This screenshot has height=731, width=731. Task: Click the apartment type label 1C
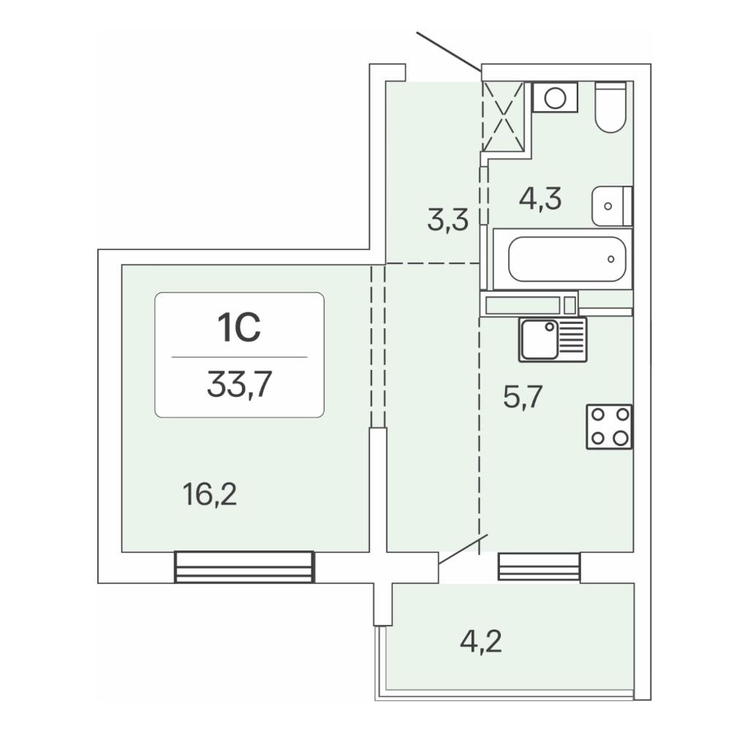click(239, 327)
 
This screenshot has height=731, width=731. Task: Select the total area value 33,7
click(239, 385)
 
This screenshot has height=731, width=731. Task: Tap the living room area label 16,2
click(210, 495)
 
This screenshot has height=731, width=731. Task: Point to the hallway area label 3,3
click(447, 220)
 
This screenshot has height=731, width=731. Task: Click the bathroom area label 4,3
click(540, 199)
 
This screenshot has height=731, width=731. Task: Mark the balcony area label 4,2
click(481, 642)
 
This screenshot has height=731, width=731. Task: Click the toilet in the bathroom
click(610, 107)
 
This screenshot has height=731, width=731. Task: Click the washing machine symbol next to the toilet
click(555, 97)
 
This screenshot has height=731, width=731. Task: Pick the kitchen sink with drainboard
click(553, 339)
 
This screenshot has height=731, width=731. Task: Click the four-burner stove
click(610, 427)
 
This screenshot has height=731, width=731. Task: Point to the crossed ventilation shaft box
click(503, 116)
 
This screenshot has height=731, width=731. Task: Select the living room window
click(244, 567)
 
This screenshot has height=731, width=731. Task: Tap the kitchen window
click(539, 567)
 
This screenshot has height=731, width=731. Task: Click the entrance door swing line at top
click(449, 51)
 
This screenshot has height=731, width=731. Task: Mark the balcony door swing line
click(463, 550)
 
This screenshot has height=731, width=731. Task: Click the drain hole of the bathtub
click(610, 260)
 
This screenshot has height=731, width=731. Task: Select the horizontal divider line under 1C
click(239, 357)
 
